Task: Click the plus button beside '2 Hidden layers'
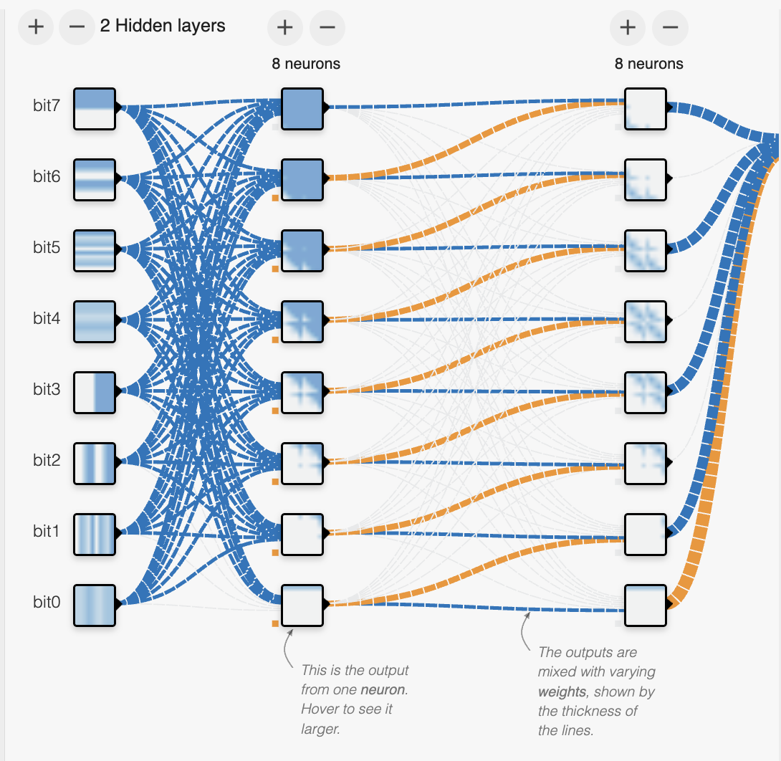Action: click(36, 27)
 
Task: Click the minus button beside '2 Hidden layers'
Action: click(77, 27)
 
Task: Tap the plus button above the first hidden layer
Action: click(285, 27)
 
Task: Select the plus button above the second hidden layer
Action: click(628, 27)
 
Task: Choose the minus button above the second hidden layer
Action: click(671, 27)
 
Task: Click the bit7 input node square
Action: click(95, 109)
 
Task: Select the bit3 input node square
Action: click(95, 393)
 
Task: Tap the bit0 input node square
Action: click(95, 605)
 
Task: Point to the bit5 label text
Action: click(47, 247)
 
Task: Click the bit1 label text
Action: click(46, 532)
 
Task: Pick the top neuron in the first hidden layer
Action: click(302, 109)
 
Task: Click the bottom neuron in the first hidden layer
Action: click(302, 605)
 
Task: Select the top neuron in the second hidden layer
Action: click(646, 109)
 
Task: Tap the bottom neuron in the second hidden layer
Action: click(646, 605)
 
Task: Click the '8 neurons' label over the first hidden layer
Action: click(306, 64)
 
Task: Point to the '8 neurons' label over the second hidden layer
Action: click(648, 64)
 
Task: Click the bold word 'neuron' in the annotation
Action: click(383, 690)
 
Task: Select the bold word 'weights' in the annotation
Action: click(562, 692)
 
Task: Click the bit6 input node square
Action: click(95, 180)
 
